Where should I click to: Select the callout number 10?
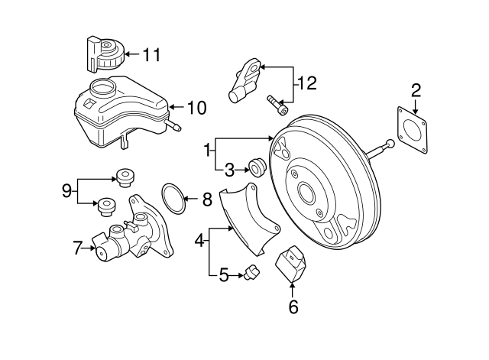pos(196,108)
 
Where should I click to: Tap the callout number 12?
pos(306,83)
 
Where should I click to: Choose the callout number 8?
pos(206,200)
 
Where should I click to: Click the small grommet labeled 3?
pos(257,165)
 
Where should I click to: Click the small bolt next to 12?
pos(276,103)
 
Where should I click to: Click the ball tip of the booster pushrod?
pos(390,144)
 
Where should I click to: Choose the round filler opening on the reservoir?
pos(101,86)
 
